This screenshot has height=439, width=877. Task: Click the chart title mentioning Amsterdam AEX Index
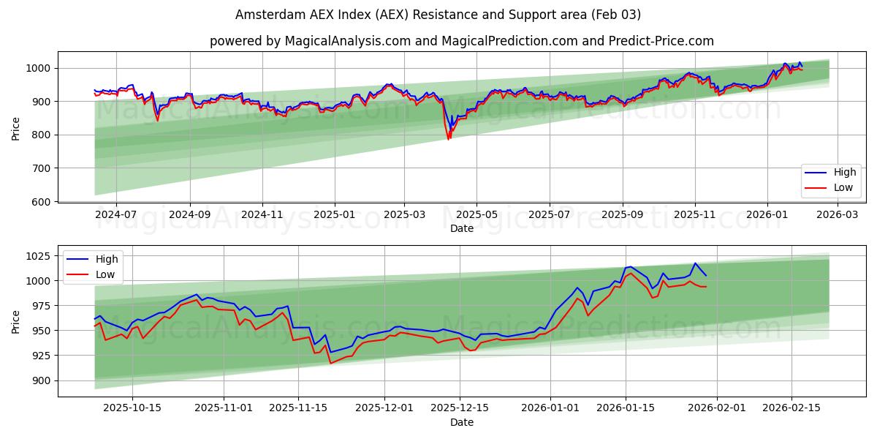(438, 15)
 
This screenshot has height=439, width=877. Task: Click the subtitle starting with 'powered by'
(461, 41)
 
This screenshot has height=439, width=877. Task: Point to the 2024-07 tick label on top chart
(116, 214)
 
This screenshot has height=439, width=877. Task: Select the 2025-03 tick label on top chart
(404, 214)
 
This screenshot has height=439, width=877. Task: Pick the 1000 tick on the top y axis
(38, 68)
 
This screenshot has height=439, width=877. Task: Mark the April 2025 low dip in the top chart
(449, 138)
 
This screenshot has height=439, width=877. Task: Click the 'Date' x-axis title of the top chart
(461, 228)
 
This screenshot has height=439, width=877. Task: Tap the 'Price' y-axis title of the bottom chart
(16, 321)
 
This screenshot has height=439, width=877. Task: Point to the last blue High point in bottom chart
(706, 276)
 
